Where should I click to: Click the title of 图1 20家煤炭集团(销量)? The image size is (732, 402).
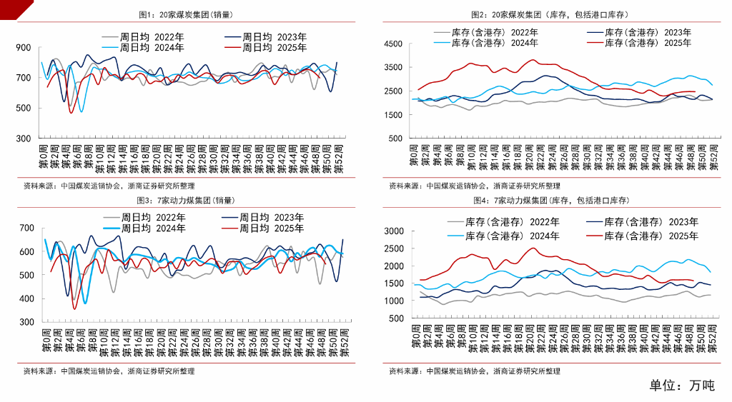(185, 14)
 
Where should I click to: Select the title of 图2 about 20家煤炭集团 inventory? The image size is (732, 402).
(550, 14)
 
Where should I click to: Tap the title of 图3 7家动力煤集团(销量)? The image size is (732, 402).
(185, 201)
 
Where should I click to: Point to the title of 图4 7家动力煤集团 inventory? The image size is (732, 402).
(550, 201)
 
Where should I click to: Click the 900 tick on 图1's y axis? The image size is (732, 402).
(24, 48)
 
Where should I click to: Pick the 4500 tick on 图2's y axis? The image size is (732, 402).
(395, 44)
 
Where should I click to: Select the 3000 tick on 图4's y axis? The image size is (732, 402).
(395, 231)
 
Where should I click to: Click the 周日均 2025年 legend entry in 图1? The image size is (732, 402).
(266, 48)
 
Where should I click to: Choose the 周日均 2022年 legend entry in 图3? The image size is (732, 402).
(147, 216)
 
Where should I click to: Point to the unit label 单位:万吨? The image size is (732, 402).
(681, 386)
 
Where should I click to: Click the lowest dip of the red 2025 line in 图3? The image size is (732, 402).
(74, 308)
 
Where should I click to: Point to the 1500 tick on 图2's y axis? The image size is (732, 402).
(395, 114)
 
